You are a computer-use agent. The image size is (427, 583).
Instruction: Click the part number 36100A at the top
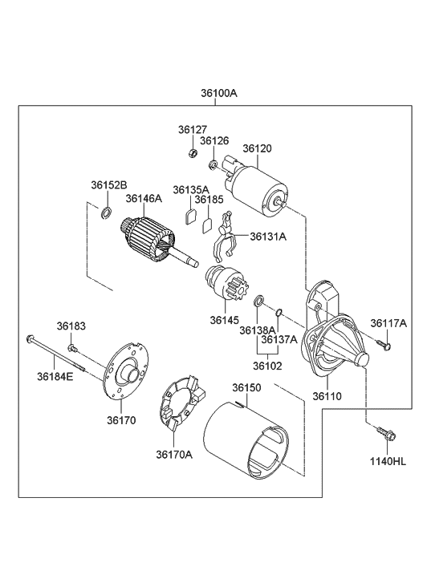click(219, 93)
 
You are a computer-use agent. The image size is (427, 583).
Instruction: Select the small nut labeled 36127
click(193, 152)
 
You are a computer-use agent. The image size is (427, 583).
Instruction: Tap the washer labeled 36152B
click(106, 213)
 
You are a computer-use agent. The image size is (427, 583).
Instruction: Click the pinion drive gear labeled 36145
click(226, 283)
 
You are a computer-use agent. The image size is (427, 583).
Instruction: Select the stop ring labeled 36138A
click(258, 301)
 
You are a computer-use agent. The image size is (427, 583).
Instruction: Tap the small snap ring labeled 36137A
click(279, 312)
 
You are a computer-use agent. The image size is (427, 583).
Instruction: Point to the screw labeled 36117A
click(384, 345)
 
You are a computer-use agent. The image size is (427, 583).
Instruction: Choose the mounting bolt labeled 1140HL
click(387, 435)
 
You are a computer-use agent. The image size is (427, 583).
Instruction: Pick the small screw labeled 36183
click(72, 348)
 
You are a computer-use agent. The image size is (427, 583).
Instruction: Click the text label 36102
click(267, 366)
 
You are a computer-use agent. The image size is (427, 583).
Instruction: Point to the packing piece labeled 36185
click(207, 225)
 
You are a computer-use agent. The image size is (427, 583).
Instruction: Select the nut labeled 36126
click(213, 164)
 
